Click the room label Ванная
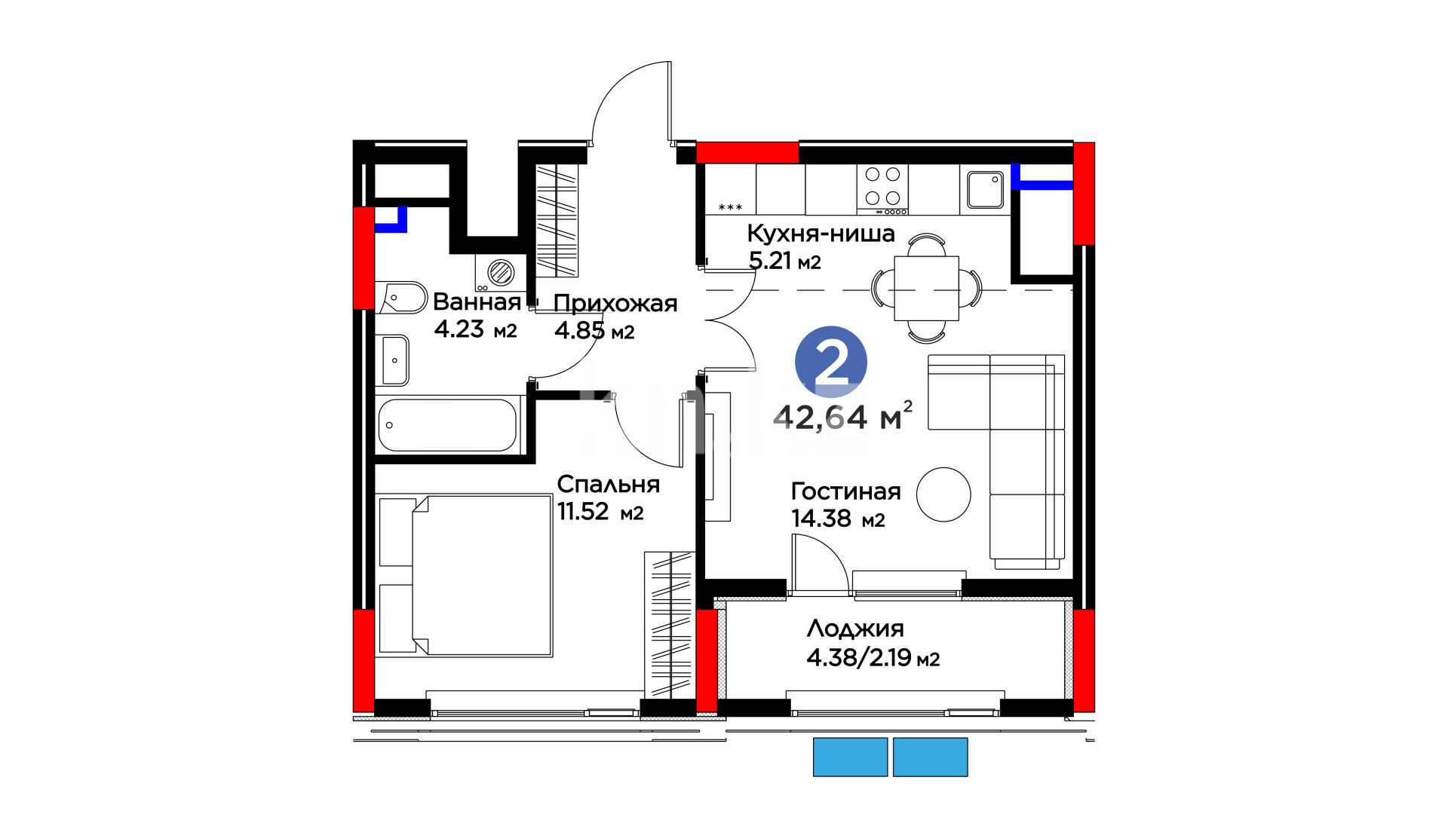click(477, 302)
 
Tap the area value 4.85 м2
click(594, 331)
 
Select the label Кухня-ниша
click(821, 234)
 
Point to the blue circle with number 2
click(831, 362)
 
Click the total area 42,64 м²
click(843, 416)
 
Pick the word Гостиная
click(845, 491)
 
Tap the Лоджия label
click(855, 629)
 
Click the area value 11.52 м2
click(600, 512)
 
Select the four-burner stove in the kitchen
click(882, 189)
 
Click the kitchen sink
click(985, 189)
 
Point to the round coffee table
click(943, 494)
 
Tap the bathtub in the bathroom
click(448, 425)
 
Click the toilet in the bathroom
click(401, 298)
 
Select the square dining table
click(927, 289)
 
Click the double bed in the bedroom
click(465, 575)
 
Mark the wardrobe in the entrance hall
click(557, 220)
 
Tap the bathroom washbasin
click(393, 360)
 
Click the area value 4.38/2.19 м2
click(873, 658)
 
